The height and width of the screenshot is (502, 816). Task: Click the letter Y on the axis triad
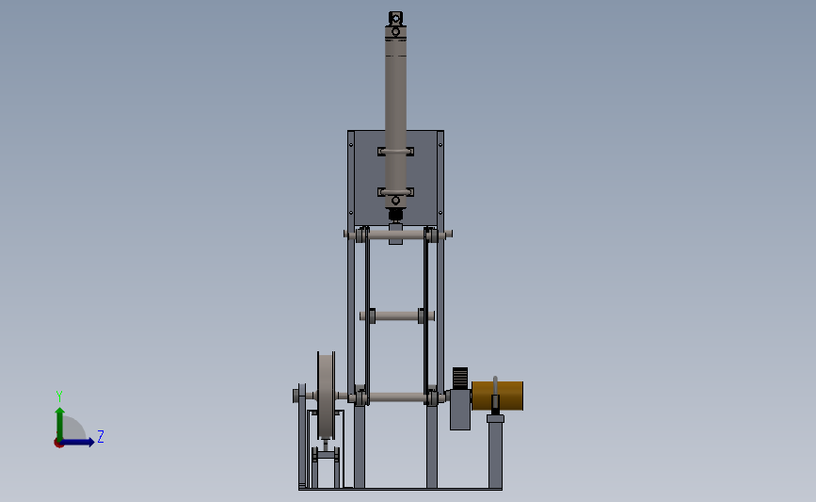pyautogui.click(x=59, y=397)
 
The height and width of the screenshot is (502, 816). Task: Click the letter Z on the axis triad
pyautogui.click(x=101, y=436)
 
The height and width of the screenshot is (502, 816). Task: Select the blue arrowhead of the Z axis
pyautogui.click(x=90, y=442)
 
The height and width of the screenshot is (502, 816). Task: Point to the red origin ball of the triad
pyautogui.click(x=58, y=443)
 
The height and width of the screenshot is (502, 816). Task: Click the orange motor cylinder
pyautogui.click(x=498, y=396)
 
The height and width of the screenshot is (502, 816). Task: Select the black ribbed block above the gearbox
pyautogui.click(x=460, y=378)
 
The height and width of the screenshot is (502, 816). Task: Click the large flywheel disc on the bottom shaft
pyautogui.click(x=326, y=396)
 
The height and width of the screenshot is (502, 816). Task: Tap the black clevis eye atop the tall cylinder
pyautogui.click(x=395, y=18)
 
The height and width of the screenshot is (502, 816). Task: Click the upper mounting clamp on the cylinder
pyautogui.click(x=395, y=152)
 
